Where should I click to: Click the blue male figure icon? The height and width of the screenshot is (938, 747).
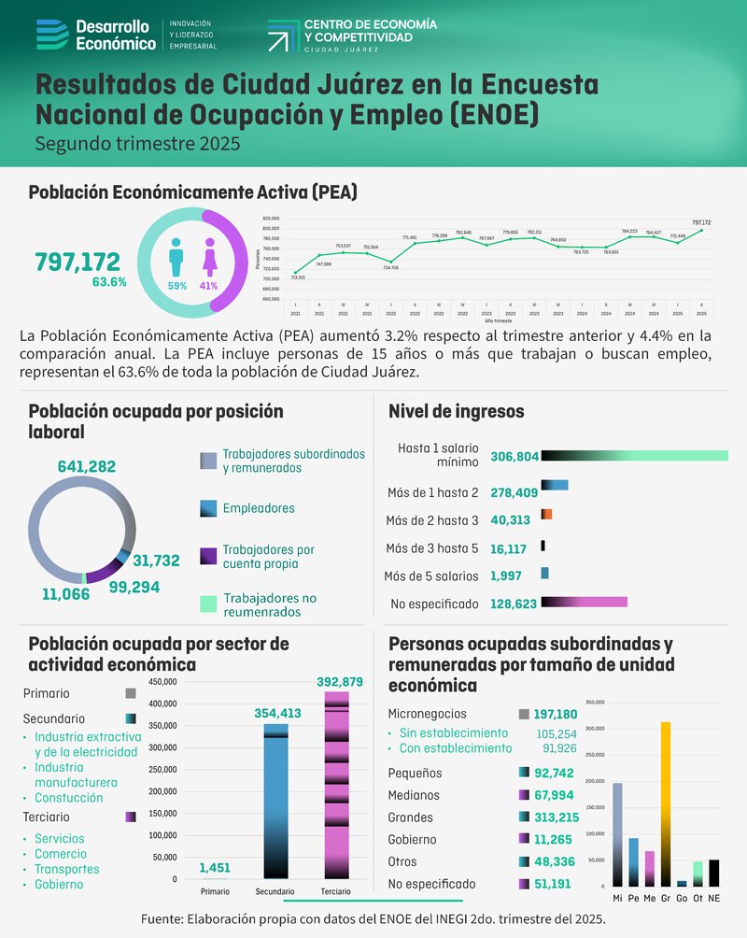[176, 256]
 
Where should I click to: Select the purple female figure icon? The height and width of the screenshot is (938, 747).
[208, 256]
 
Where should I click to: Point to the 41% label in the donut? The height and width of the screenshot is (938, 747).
[208, 286]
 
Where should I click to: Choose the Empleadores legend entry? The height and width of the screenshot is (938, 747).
[258, 508]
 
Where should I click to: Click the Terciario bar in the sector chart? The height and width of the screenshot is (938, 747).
[335, 785]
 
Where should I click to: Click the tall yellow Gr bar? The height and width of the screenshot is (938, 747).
[665, 803]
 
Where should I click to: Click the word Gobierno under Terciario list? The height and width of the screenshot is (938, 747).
[59, 884]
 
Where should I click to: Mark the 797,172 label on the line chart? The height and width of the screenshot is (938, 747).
[701, 222]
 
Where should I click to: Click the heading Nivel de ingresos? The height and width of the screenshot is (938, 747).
[456, 411]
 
